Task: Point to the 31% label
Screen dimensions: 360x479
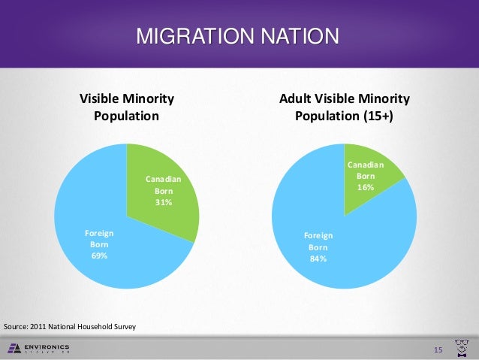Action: click(x=164, y=202)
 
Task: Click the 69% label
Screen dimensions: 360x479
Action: click(x=99, y=256)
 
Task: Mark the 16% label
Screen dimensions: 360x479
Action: click(x=366, y=187)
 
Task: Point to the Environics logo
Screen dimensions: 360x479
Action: click(x=38, y=348)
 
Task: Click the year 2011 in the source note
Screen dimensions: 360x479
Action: click(x=38, y=328)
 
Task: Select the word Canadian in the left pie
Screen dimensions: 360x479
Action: click(x=164, y=179)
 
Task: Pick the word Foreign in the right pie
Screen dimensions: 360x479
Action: click(x=318, y=235)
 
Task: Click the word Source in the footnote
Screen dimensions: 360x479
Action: click(x=15, y=328)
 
